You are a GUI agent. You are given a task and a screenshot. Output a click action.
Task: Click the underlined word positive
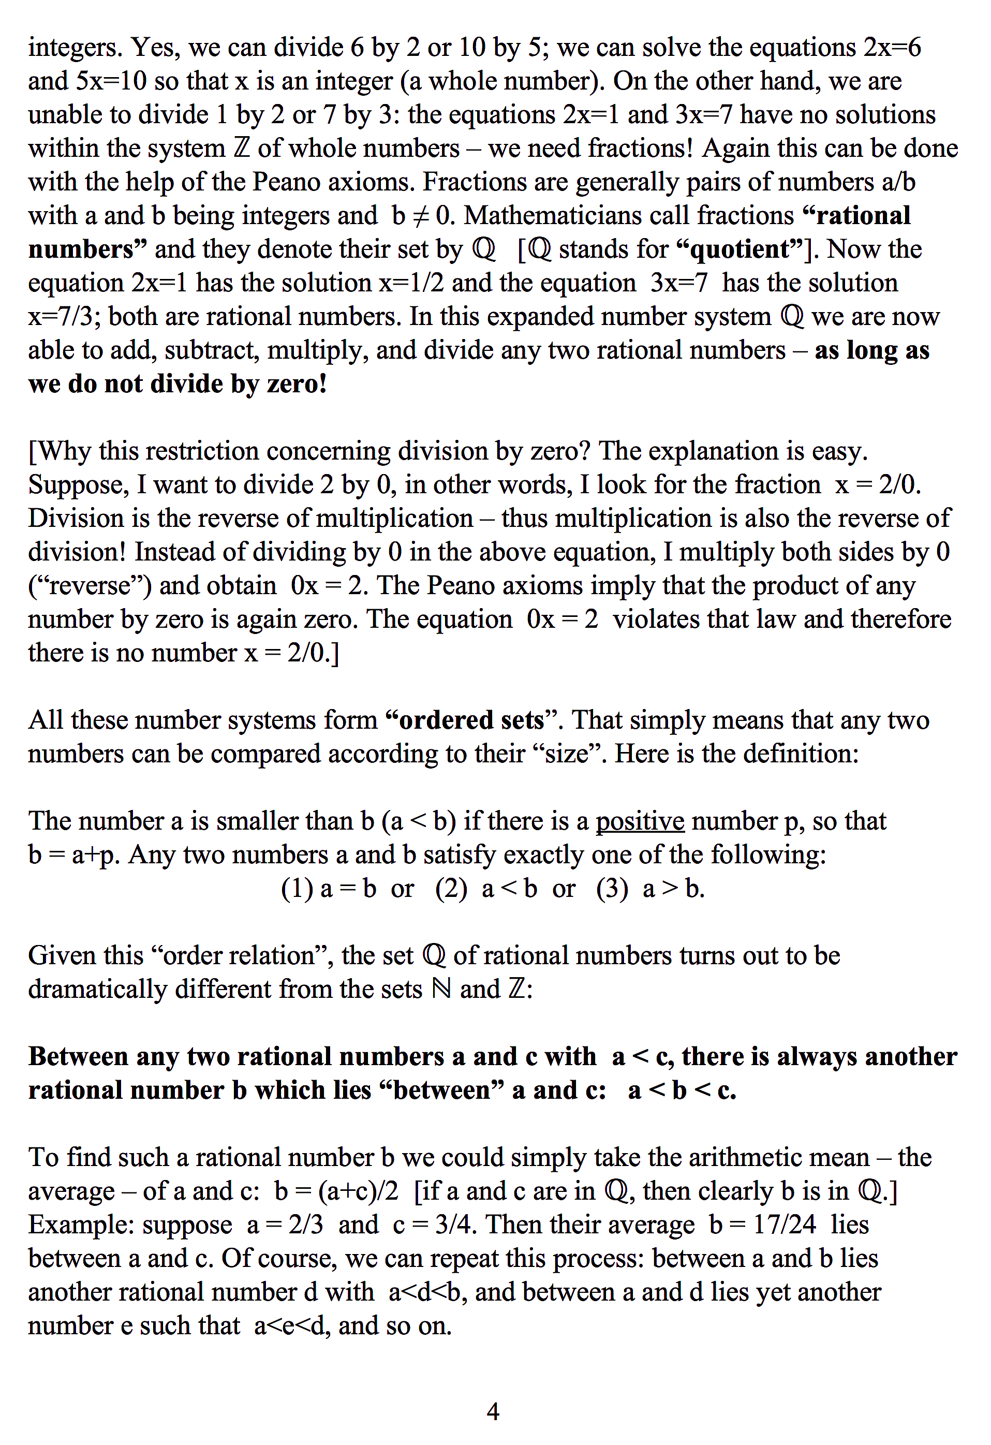[640, 821]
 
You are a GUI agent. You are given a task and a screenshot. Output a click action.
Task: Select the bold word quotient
[740, 249]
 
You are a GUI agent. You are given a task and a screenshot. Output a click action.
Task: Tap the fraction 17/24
[784, 1225]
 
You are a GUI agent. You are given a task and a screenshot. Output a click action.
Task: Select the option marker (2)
[451, 889]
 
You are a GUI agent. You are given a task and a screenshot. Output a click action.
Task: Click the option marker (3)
[612, 889]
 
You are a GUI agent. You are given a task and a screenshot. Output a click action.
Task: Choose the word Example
[80, 1225]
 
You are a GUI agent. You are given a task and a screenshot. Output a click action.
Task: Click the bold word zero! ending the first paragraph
[297, 384]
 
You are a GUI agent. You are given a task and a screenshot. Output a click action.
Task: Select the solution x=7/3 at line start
[64, 317]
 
